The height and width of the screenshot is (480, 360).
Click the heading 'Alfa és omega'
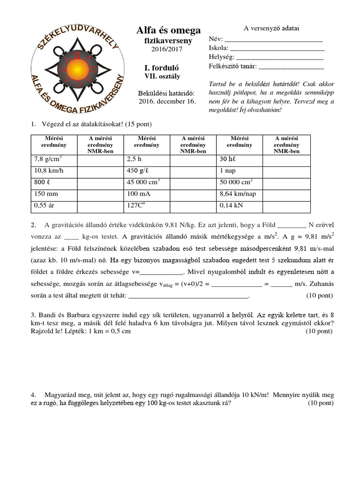pyautogui.click(x=168, y=30)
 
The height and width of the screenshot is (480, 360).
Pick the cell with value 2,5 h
pyautogui.click(x=147, y=160)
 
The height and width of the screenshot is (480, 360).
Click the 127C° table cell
pyautogui.click(x=147, y=205)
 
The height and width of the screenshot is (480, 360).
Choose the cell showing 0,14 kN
pyautogui.click(x=240, y=205)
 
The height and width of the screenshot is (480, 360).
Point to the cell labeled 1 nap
pyautogui.click(x=240, y=171)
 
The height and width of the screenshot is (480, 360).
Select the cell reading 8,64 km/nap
pyautogui.click(x=240, y=194)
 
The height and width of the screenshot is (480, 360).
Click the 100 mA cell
pyautogui.click(x=147, y=194)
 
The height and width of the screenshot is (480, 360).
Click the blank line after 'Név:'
pyautogui.click(x=274, y=40)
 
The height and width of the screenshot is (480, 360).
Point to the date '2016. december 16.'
pyautogui.click(x=167, y=101)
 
